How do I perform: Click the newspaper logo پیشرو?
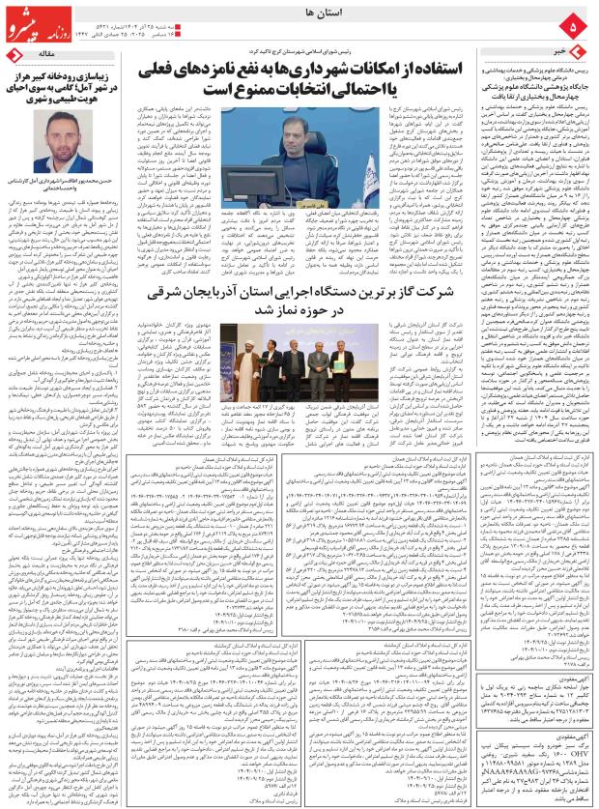[36, 16]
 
